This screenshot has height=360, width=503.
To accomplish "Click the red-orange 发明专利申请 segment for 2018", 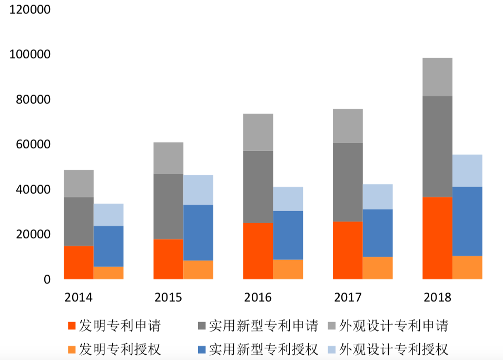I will pyautogui.click(x=437, y=238).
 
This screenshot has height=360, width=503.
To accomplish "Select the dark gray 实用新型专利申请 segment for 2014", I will pyautogui.click(x=78, y=222).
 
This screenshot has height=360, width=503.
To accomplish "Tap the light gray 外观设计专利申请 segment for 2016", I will pyautogui.click(x=258, y=132).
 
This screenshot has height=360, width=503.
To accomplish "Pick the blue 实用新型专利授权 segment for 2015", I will pyautogui.click(x=198, y=233).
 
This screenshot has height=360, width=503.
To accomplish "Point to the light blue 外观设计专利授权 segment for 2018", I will pyautogui.click(x=467, y=171).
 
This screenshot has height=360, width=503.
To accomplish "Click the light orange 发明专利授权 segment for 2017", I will pyautogui.click(x=378, y=268).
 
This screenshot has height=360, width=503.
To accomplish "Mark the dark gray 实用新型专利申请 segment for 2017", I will pyautogui.click(x=348, y=182).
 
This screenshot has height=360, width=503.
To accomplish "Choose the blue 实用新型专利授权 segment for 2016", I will pyautogui.click(x=288, y=235).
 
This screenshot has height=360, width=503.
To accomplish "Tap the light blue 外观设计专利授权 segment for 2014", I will pyautogui.click(x=109, y=215).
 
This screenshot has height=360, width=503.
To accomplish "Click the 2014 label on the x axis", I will pyautogui.click(x=78, y=297).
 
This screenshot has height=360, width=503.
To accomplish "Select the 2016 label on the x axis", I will pyautogui.click(x=258, y=297).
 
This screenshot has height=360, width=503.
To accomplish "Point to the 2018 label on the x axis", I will pyautogui.click(x=437, y=297).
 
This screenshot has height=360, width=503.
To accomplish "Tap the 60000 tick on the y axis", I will pyautogui.click(x=29, y=145).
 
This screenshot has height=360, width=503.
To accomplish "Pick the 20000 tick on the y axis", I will pyautogui.click(x=29, y=234).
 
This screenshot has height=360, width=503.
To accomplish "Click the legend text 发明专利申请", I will pyautogui.click(x=120, y=326).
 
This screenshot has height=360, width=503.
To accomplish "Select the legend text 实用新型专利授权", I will pyautogui.click(x=263, y=349).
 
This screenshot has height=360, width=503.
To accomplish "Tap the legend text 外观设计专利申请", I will pyautogui.click(x=394, y=326).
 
